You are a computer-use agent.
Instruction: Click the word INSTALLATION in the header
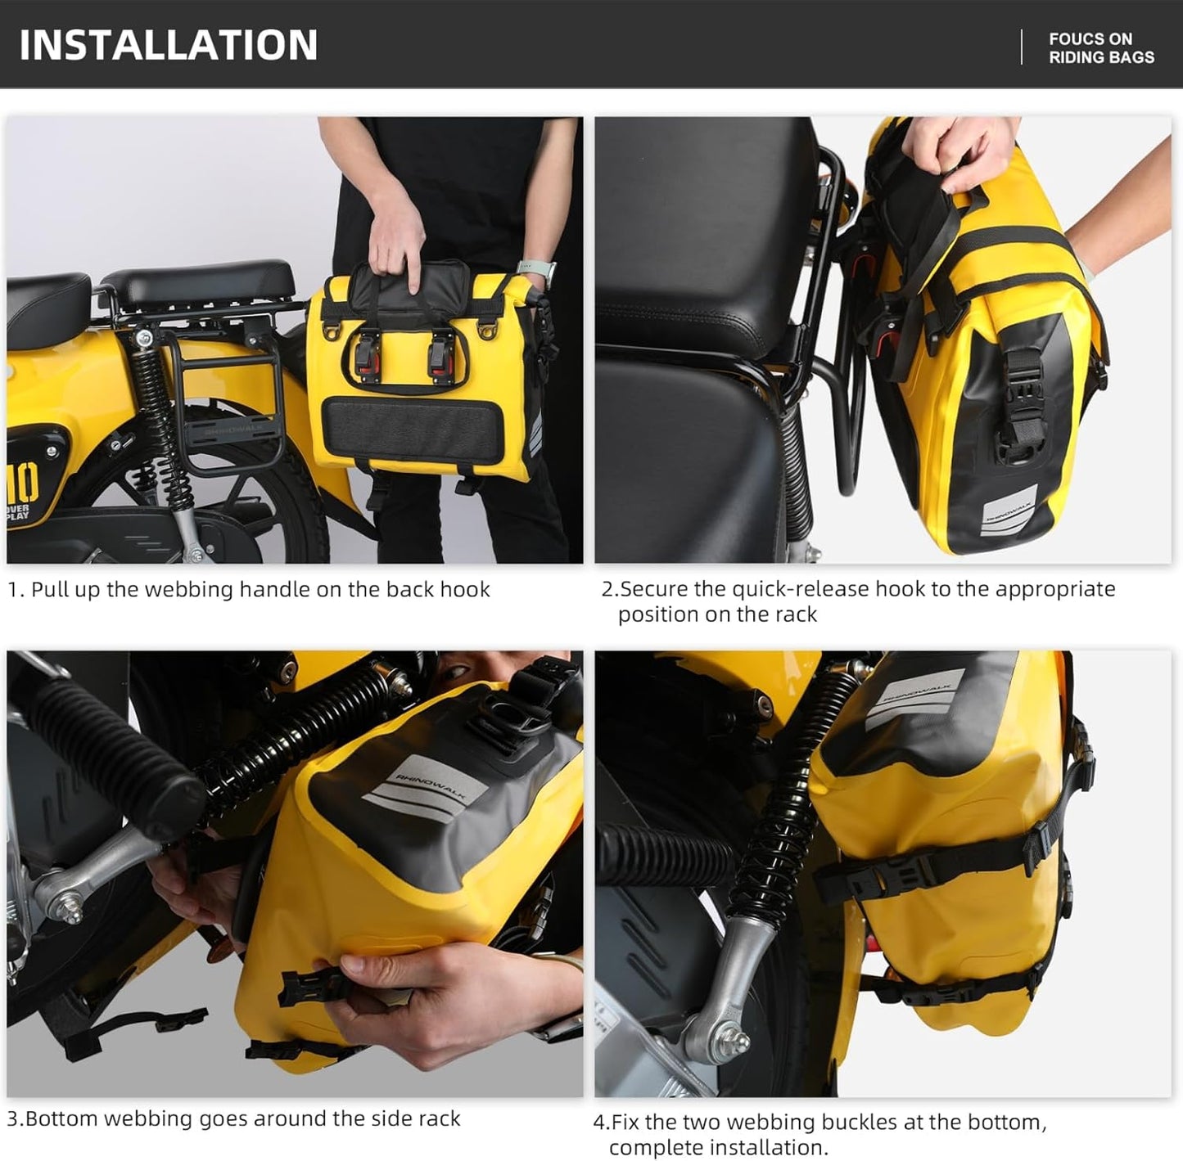tap(169, 44)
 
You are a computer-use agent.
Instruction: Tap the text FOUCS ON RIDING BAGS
tap(1100, 48)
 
